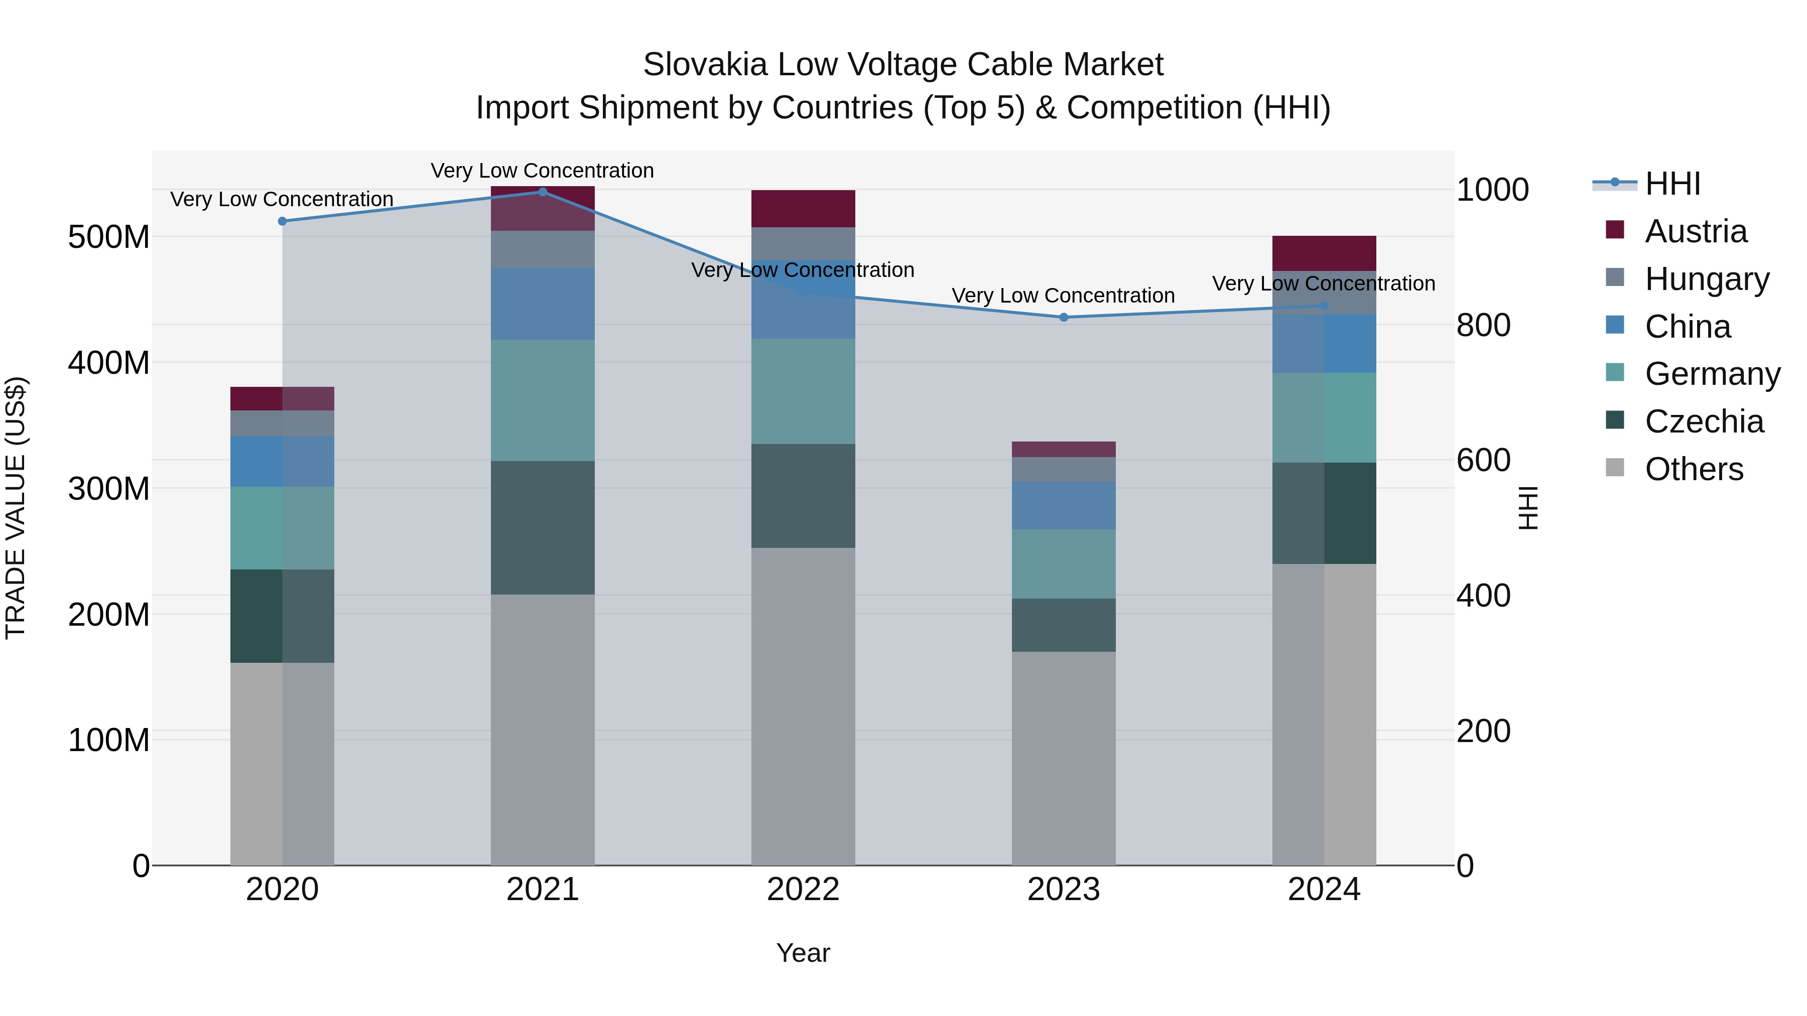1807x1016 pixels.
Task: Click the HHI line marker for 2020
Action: coord(282,221)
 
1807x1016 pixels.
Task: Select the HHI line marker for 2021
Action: coord(542,192)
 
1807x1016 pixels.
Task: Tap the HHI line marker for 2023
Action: coord(1064,317)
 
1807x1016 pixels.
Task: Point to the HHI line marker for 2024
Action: coord(1324,306)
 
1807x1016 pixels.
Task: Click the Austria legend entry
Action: coord(1695,231)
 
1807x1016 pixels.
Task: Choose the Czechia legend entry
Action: coord(1703,421)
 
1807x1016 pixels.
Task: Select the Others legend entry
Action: coord(1694,469)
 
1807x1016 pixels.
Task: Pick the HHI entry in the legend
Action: coord(1672,184)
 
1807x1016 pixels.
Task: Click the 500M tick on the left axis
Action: coord(109,237)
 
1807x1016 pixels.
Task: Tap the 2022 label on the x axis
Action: coord(803,890)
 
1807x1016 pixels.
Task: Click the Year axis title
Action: coord(803,953)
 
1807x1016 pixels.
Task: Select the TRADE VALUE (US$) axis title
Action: coord(16,508)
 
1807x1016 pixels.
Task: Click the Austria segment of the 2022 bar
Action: coord(803,208)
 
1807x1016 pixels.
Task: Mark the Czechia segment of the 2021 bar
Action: coord(542,527)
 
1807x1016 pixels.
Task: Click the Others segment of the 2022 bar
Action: coord(803,706)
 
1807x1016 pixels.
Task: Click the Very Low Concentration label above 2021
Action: coord(542,171)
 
